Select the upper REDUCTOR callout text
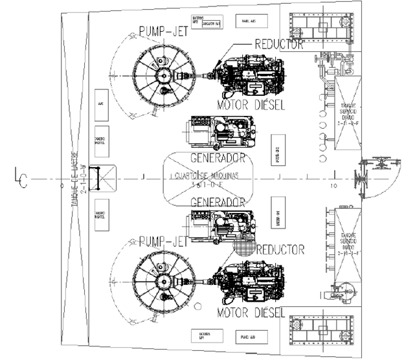click(279, 45)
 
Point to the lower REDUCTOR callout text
click(280, 249)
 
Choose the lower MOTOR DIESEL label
click(252, 313)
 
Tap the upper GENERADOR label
click(217, 158)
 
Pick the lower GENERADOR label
click(217, 202)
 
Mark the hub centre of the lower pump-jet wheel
click(162, 282)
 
